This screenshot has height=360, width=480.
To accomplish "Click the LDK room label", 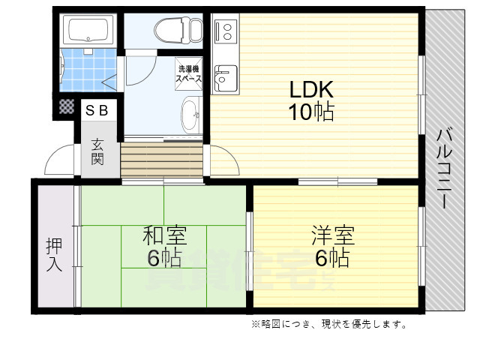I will point(312,88).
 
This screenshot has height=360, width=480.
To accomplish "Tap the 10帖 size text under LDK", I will point(312,112).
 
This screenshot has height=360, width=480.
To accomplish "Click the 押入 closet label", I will point(54,255).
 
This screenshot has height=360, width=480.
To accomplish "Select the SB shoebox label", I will point(97,110).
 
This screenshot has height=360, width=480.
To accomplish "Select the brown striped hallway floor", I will point(161,160).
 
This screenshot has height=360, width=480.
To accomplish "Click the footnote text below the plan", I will point(329,324).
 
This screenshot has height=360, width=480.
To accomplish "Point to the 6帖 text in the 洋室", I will point(331,259).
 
